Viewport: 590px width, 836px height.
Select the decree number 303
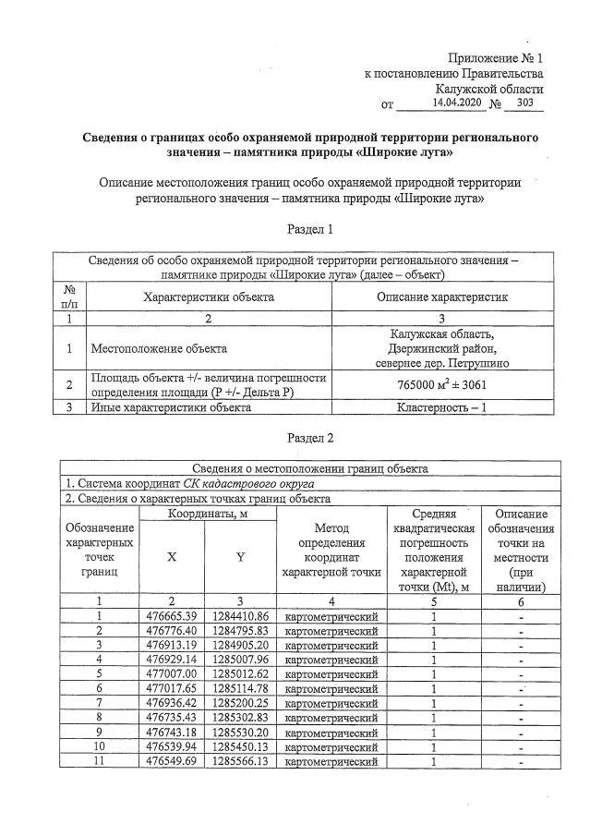526,103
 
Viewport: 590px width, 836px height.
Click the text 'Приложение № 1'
496,57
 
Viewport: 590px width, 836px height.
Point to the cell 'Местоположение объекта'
158,349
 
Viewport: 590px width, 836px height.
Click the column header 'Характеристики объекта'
208,297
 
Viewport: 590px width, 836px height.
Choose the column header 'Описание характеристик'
442,297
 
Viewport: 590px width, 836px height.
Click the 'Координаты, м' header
207,514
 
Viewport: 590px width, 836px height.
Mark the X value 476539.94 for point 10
173,747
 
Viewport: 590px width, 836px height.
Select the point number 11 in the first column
98,762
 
